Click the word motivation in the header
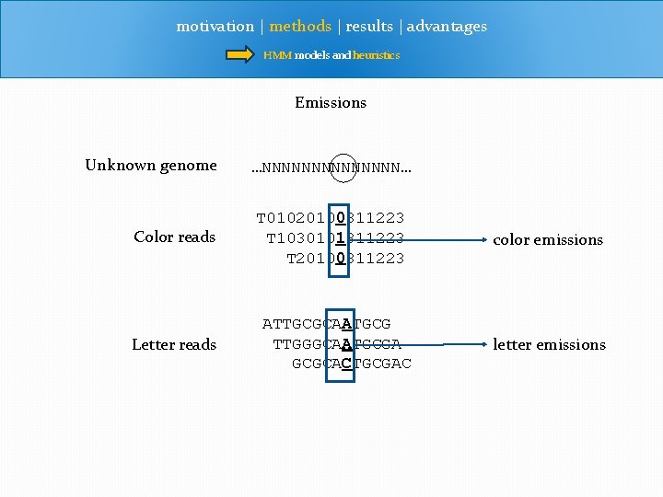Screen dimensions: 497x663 (215, 27)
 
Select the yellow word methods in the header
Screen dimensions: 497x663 (300, 27)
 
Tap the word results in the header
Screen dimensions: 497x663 (369, 27)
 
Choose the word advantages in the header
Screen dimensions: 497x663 (447, 27)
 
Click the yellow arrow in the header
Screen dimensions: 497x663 (241, 55)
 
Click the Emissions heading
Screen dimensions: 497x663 (331, 103)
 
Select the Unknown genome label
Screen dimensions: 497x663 (151, 166)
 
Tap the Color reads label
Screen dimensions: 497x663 (174, 237)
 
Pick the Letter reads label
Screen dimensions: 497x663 (174, 345)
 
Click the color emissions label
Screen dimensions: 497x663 (548, 240)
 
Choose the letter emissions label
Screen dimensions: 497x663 (549, 345)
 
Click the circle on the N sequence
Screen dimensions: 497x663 (342, 168)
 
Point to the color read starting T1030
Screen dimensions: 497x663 (335, 238)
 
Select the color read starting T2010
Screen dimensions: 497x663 (345, 259)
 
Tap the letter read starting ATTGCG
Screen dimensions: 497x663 (326, 324)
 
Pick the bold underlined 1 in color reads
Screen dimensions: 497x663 (341, 238)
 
